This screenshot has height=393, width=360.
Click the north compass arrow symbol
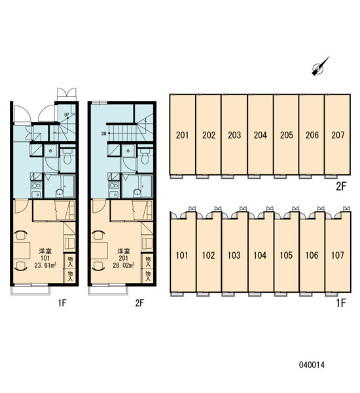pos(320,66)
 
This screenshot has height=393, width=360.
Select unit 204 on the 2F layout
pos(261,135)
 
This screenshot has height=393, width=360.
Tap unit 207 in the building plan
pos(338,135)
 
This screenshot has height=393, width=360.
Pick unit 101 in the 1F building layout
pos(182,255)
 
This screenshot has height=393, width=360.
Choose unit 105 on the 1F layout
pos(286,255)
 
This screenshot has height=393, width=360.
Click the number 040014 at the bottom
pos(312,365)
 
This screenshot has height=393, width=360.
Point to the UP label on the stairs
pos(66,115)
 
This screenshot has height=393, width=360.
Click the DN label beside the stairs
pos(104,134)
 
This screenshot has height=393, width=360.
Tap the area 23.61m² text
pos(45,265)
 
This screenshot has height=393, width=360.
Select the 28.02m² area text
pos(124,265)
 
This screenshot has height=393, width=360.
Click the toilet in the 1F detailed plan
pos(67,157)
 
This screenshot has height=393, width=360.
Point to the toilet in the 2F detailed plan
pos(145,157)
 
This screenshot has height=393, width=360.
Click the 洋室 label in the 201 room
pos(124,251)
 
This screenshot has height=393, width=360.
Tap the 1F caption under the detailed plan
pos(62,303)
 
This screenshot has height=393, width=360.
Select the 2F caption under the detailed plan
pos(140,303)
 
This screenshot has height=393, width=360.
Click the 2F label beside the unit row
pos(341,187)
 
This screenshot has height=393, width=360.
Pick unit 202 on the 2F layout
pos(209,135)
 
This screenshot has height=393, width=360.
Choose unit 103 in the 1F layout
pos(234,255)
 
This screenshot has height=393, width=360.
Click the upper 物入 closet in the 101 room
pos(70,261)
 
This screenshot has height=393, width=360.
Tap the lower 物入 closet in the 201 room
pos(148,276)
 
